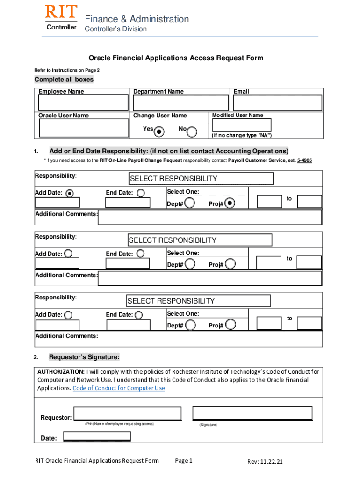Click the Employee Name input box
(x=84, y=103)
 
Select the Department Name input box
(x=180, y=103)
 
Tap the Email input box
(x=278, y=103)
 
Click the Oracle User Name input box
(x=84, y=128)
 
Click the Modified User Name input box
(x=241, y=125)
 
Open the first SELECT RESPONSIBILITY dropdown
(x=201, y=179)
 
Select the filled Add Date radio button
(x=70, y=193)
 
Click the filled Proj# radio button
(x=230, y=203)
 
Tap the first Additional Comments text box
(x=210, y=217)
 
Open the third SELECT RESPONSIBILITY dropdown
(x=199, y=301)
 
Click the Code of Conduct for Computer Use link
(x=119, y=388)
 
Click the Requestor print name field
(x=128, y=414)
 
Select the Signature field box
(x=252, y=413)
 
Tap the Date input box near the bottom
(x=97, y=436)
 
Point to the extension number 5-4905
(x=304, y=160)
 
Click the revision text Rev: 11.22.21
(x=265, y=462)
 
